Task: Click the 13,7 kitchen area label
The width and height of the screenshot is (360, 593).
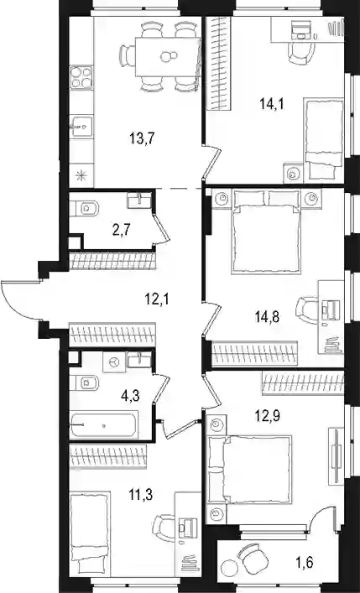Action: point(142,139)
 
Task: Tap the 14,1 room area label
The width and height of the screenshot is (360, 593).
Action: point(272,103)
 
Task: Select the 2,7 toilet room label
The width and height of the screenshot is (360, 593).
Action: point(122,230)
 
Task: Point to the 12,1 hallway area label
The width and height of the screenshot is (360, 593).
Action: point(157,299)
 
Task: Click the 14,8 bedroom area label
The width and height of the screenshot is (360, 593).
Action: point(267,316)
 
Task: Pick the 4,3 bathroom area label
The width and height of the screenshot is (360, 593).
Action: point(131,396)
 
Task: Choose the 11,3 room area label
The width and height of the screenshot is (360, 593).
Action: point(140,494)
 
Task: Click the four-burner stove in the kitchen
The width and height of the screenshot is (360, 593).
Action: point(81,77)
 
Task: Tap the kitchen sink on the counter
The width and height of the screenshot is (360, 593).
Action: point(81,126)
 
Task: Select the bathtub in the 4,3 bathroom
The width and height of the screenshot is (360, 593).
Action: point(103,425)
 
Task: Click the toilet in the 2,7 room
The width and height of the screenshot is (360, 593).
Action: point(84,208)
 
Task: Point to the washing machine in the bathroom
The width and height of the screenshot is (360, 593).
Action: point(113,362)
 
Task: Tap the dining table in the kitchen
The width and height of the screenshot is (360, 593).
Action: point(168,57)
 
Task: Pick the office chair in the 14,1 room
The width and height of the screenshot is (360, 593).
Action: point(301,53)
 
